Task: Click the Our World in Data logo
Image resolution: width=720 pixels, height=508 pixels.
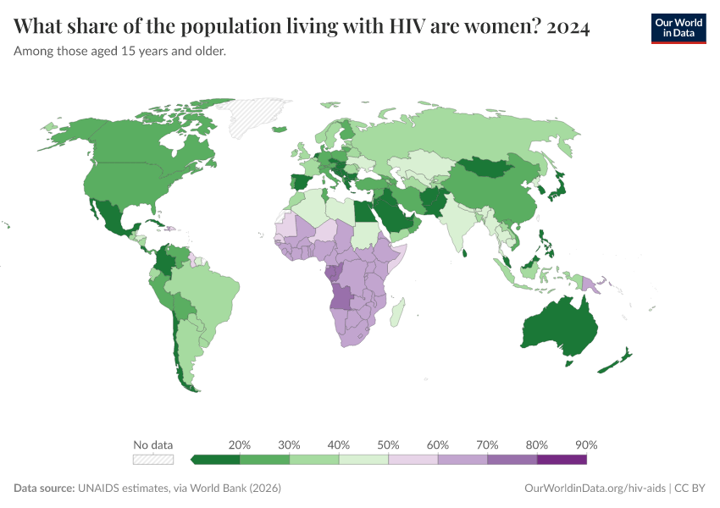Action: point(678,27)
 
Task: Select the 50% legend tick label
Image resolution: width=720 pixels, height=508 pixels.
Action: point(389,444)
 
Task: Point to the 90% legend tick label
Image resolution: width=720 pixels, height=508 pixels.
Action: point(586,444)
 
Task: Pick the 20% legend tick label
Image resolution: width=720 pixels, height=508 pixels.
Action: point(240,444)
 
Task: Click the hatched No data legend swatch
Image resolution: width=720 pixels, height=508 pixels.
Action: point(153,460)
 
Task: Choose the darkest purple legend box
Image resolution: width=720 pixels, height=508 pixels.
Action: point(562,460)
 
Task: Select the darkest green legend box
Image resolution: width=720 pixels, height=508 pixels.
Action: point(216,460)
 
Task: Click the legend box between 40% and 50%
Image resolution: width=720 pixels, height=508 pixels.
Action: point(364,460)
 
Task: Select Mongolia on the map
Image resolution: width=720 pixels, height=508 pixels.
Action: point(488,168)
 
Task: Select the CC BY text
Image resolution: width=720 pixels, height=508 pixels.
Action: point(691,489)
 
